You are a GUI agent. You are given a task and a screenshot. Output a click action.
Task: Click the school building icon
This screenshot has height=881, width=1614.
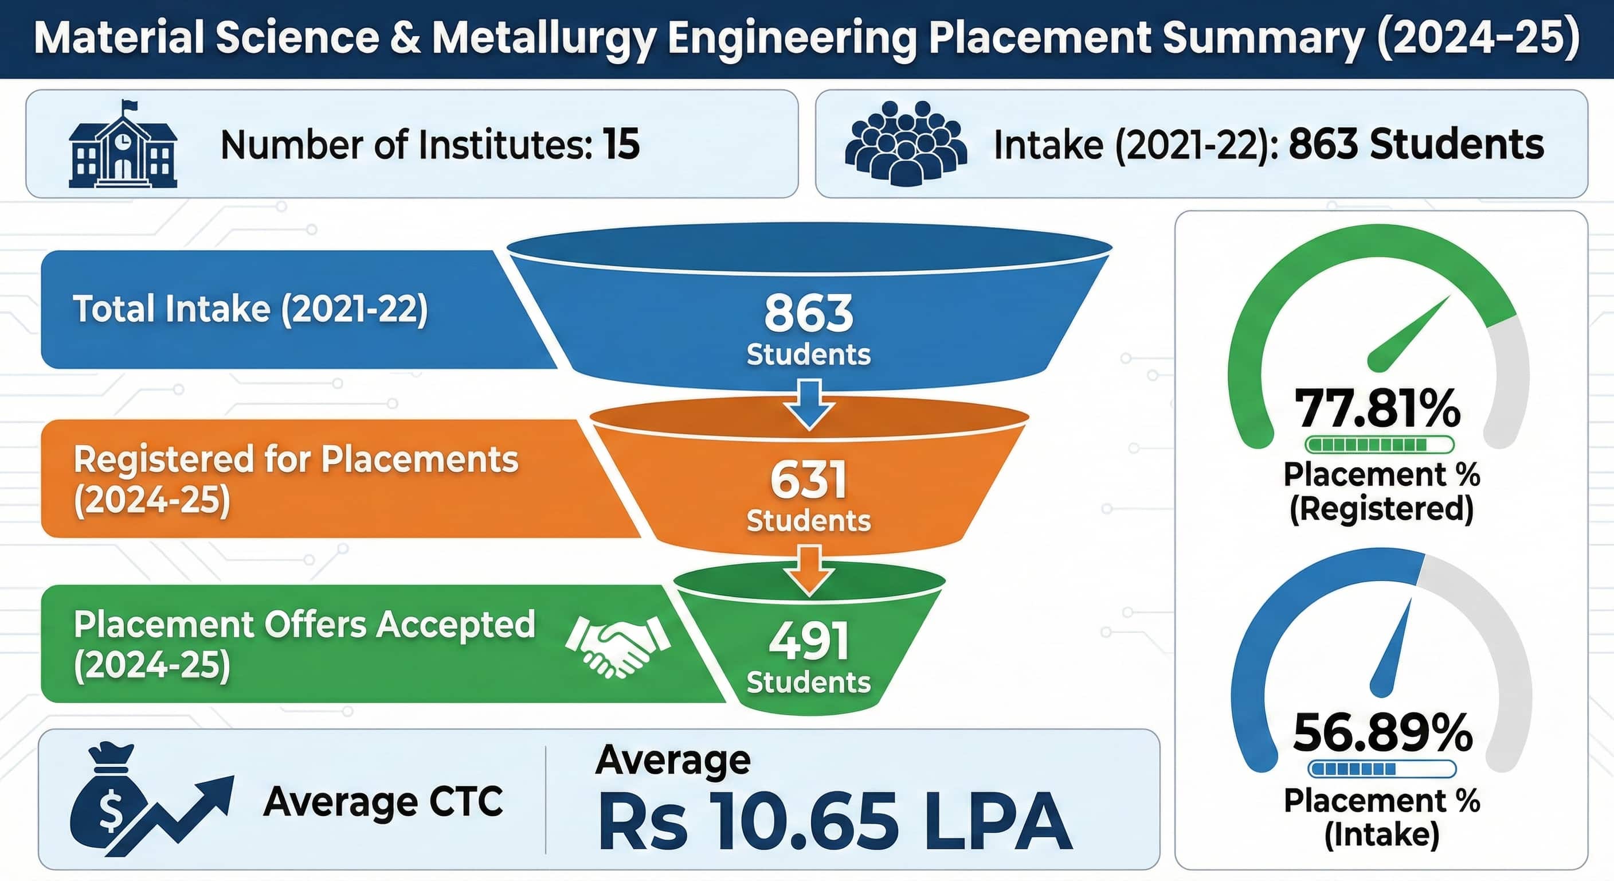point(123,145)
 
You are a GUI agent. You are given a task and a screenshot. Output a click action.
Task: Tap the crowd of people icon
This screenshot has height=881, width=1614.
point(906,143)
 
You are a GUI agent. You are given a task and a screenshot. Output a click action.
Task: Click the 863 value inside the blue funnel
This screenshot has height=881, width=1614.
point(808,313)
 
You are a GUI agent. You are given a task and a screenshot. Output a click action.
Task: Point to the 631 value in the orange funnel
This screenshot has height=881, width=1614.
point(808,480)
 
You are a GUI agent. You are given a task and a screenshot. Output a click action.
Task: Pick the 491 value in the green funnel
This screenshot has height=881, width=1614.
point(808,641)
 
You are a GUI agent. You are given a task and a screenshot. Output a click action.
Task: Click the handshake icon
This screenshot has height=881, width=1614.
point(617,646)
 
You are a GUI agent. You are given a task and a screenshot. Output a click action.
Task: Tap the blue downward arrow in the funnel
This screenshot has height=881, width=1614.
point(809,404)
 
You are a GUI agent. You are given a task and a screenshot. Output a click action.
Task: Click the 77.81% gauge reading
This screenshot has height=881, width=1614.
point(1377,408)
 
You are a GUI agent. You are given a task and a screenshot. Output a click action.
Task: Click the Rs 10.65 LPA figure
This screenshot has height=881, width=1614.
point(834,821)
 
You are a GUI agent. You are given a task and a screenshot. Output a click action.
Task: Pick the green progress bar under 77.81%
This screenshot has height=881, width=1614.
point(1379,445)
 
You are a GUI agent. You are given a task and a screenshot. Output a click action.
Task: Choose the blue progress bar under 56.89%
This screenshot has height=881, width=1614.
point(1381,769)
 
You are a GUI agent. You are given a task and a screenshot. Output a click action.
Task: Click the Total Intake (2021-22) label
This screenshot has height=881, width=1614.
point(250,309)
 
